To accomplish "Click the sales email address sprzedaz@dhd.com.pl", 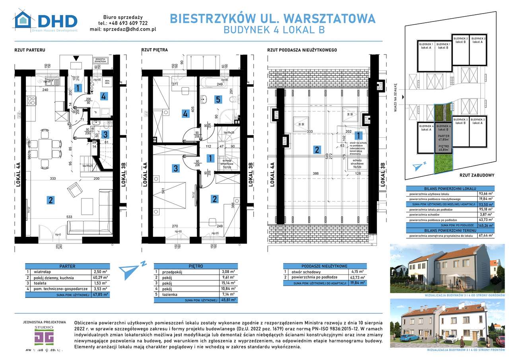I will coord(128,29).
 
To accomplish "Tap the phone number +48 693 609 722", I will coord(125,23).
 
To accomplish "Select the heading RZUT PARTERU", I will coord(29,50).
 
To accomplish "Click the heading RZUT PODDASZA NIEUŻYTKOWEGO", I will coord(302,50).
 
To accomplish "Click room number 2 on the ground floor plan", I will coord(51,200).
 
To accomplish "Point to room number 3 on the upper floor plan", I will coord(175,169).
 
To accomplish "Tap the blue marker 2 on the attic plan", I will coord(317,150).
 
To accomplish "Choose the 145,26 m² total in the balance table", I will coord(485,225).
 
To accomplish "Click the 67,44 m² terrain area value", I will coord(485,235).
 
